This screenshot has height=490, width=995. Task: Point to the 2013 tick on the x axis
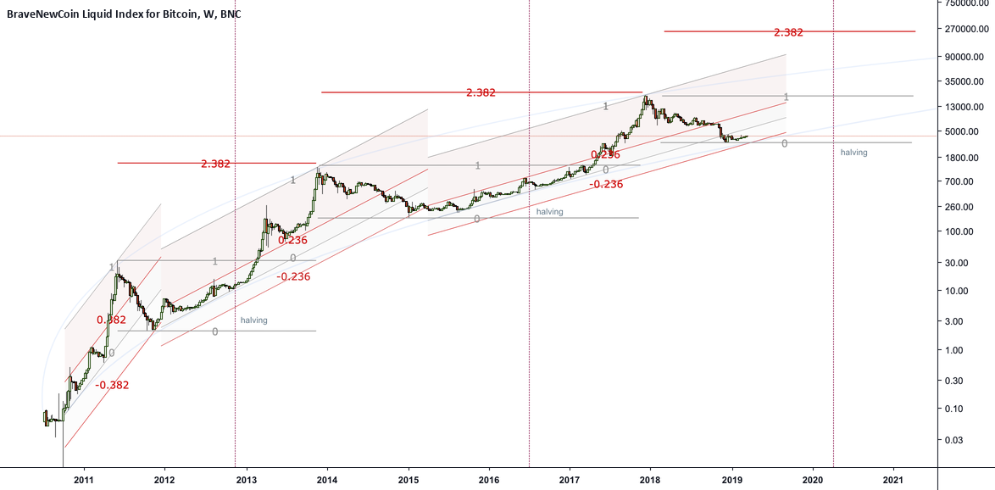tap(247, 480)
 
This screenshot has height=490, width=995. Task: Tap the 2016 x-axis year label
tap(489, 480)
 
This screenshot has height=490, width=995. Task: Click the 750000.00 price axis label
tap(966, 3)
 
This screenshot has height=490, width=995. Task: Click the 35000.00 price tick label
tap(966, 82)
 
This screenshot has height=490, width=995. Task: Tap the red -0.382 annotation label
tap(113, 385)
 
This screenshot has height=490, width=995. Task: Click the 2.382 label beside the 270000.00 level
tap(788, 32)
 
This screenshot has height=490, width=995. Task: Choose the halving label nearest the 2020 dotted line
tap(854, 153)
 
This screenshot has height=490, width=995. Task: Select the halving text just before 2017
tap(549, 212)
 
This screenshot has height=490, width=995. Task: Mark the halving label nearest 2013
tap(253, 320)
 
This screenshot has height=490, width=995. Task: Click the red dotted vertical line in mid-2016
tap(529, 254)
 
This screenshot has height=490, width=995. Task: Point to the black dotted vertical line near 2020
tap(834, 254)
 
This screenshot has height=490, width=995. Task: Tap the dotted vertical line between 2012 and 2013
tap(235, 254)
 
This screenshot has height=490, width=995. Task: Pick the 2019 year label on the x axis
tap(732, 480)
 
